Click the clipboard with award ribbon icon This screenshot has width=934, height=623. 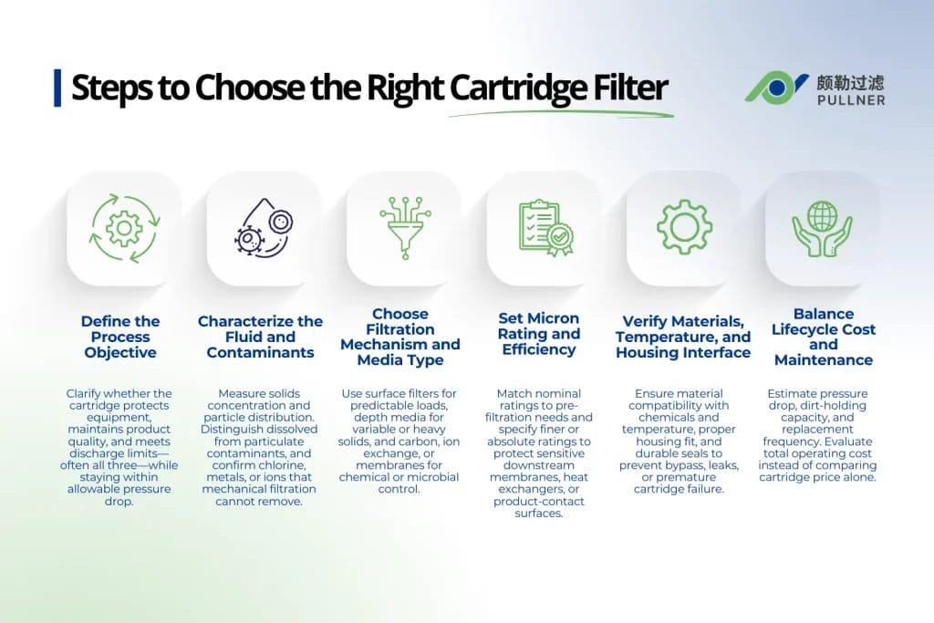(545, 228)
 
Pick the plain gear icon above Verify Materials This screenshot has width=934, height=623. (684, 227)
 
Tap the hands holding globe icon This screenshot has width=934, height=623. (823, 227)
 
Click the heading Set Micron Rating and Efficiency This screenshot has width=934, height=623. (539, 334)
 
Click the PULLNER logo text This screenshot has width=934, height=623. (851, 99)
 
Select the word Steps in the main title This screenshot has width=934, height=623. (108, 88)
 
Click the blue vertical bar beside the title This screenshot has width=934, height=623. (57, 88)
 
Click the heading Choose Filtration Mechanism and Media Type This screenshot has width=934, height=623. (400, 337)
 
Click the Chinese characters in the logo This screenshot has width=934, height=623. (851, 81)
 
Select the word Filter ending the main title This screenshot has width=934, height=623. (628, 88)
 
